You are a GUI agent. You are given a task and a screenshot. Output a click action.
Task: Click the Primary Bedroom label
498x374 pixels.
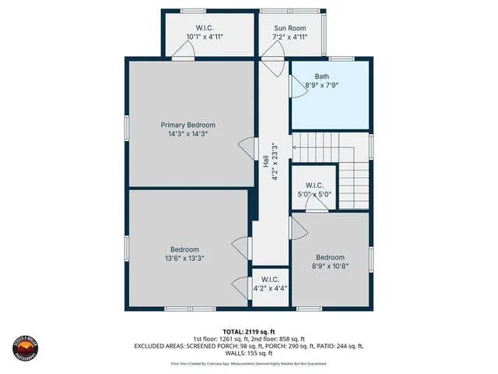pos(188,125)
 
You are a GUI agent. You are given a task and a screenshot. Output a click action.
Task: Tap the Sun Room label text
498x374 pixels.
pos(289,27)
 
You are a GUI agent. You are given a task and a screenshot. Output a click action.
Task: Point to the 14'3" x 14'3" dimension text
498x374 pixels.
pos(188,134)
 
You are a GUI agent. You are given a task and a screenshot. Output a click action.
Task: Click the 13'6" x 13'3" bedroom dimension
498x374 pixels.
pos(184,259)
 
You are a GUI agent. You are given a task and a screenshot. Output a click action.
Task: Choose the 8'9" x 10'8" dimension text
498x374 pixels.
pos(330,266)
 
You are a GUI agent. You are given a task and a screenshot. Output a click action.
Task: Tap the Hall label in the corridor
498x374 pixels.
pos(265,162)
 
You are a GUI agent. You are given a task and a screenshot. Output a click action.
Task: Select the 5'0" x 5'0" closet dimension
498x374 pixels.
pos(314,195)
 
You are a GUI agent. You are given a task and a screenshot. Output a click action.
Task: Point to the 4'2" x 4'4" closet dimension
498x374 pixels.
pos(270,288)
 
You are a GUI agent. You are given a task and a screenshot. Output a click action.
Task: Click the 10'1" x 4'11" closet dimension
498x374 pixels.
pos(205,37)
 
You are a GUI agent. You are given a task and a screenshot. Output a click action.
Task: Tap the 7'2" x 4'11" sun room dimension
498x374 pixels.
pos(289,37)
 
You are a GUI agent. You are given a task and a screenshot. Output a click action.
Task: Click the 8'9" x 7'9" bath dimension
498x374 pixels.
pos(322,86)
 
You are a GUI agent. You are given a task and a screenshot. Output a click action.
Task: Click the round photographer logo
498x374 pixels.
pos(25,343)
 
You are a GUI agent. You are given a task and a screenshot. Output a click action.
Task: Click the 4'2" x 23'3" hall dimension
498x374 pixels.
pos(274,162)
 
